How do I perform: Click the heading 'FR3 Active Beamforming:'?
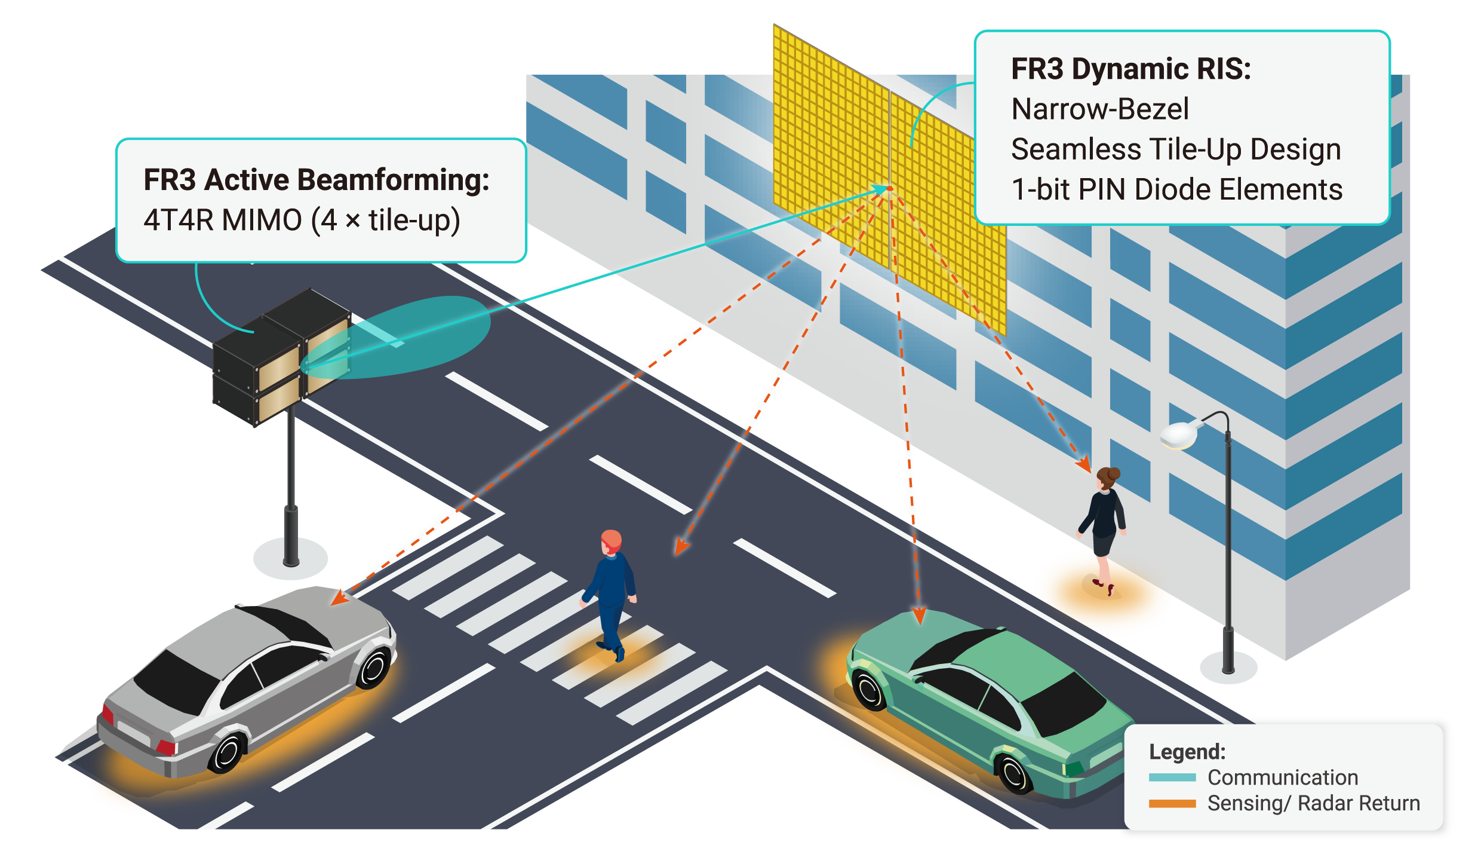pyautogui.click(x=317, y=180)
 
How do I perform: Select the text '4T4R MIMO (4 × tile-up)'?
pyautogui.click(x=302, y=221)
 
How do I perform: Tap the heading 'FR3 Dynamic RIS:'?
pyautogui.click(x=1131, y=69)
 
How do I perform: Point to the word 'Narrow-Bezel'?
pyautogui.click(x=1100, y=109)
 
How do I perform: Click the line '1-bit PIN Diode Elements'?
pyautogui.click(x=1177, y=189)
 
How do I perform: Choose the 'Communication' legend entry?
pyautogui.click(x=1283, y=778)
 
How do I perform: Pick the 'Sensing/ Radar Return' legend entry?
pyautogui.click(x=1314, y=804)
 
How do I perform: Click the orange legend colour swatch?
pyautogui.click(x=1172, y=804)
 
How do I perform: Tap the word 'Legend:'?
pyautogui.click(x=1187, y=751)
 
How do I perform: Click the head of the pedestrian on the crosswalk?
pyautogui.click(x=612, y=541)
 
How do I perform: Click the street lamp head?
pyautogui.click(x=1179, y=434)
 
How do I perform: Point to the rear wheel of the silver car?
pyautogui.click(x=228, y=752)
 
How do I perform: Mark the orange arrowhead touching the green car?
pyautogui.click(x=920, y=616)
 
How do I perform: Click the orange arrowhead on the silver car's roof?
pyautogui.click(x=340, y=597)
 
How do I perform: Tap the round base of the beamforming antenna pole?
pyautogui.click(x=291, y=558)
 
